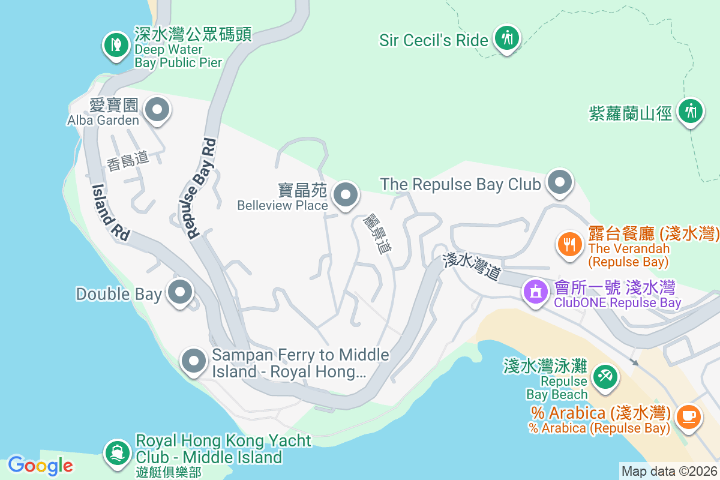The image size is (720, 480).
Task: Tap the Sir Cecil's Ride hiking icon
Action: click(x=507, y=38)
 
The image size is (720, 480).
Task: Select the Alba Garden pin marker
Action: click(x=158, y=110)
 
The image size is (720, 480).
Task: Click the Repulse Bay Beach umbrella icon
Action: click(x=604, y=376)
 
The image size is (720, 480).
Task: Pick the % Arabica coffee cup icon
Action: click(x=689, y=415)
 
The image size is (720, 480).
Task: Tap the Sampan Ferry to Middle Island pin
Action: click(x=194, y=361)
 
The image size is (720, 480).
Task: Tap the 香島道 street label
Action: click(x=128, y=160)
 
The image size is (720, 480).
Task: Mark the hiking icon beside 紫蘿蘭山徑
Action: click(x=691, y=111)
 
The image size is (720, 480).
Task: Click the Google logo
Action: click(x=40, y=465)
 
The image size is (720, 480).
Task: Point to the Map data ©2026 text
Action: click(x=669, y=471)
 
